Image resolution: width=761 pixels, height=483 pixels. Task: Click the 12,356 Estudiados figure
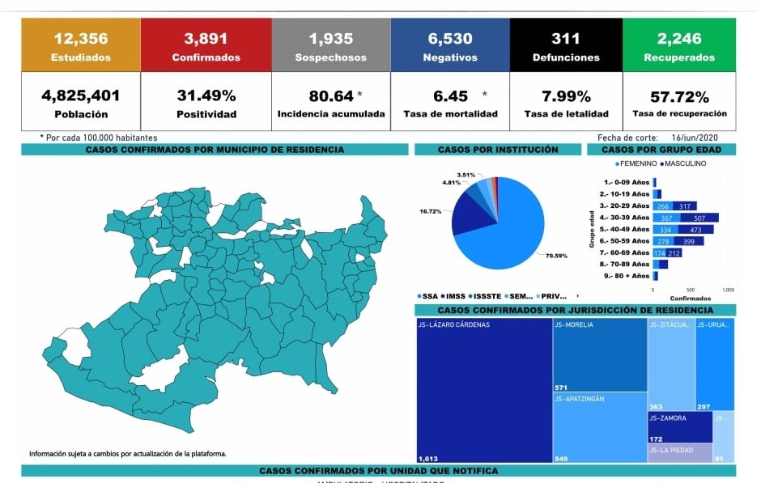(80, 38)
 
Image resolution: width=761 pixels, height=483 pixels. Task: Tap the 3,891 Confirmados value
(206, 38)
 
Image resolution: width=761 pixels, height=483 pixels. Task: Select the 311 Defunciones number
(566, 38)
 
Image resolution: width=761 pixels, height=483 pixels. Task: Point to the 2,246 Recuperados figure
(678, 38)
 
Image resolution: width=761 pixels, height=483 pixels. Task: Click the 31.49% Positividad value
(206, 95)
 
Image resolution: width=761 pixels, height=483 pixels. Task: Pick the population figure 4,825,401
(80, 95)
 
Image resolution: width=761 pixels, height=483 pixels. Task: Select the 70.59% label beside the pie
(557, 256)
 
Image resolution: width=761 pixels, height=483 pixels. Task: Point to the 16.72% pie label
(431, 211)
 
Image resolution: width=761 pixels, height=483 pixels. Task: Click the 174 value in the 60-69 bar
(659, 252)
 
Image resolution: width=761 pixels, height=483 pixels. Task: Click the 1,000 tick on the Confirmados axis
(727, 289)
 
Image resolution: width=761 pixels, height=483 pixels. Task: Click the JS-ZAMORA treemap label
(668, 418)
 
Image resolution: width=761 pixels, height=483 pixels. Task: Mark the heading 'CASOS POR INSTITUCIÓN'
(497, 150)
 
